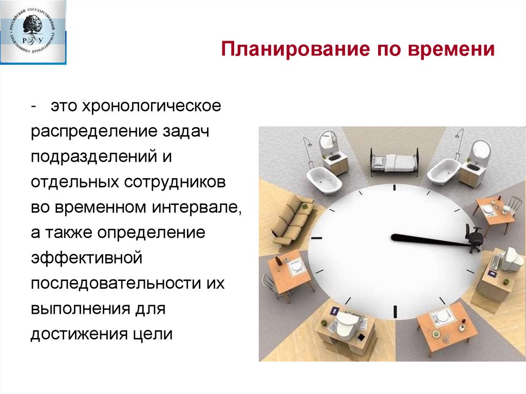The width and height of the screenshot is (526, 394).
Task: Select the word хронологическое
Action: [136, 108]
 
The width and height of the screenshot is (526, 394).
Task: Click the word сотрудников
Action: [177, 182]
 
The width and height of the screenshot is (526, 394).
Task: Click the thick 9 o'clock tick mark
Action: [316, 238]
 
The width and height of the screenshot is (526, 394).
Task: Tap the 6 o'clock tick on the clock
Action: [395, 311]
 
